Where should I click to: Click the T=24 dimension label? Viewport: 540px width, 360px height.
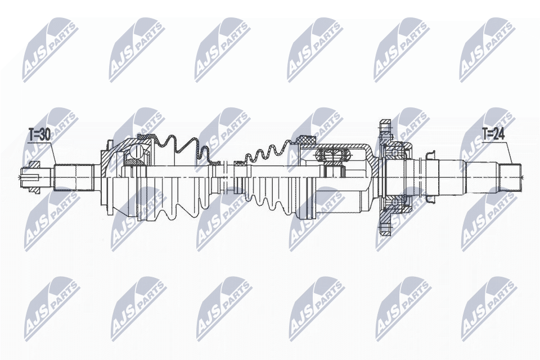(493, 134)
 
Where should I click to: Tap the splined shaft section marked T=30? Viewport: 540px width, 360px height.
(74, 177)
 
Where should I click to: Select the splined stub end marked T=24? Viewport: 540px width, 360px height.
(510, 177)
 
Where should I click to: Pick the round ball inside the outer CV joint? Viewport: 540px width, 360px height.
(137, 151)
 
